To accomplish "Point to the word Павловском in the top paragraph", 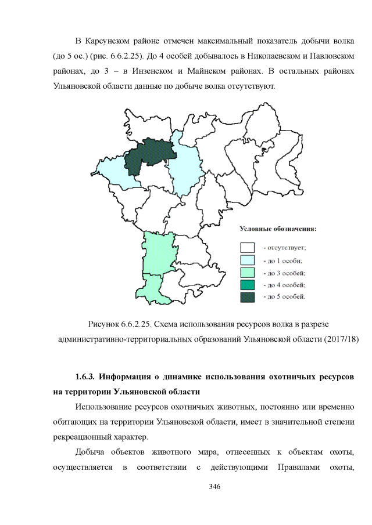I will (331, 57).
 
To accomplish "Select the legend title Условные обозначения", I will (278, 229).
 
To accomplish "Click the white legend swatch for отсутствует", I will (249, 247).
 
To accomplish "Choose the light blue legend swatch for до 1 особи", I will (249, 260).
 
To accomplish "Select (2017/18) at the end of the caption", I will (340, 339).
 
